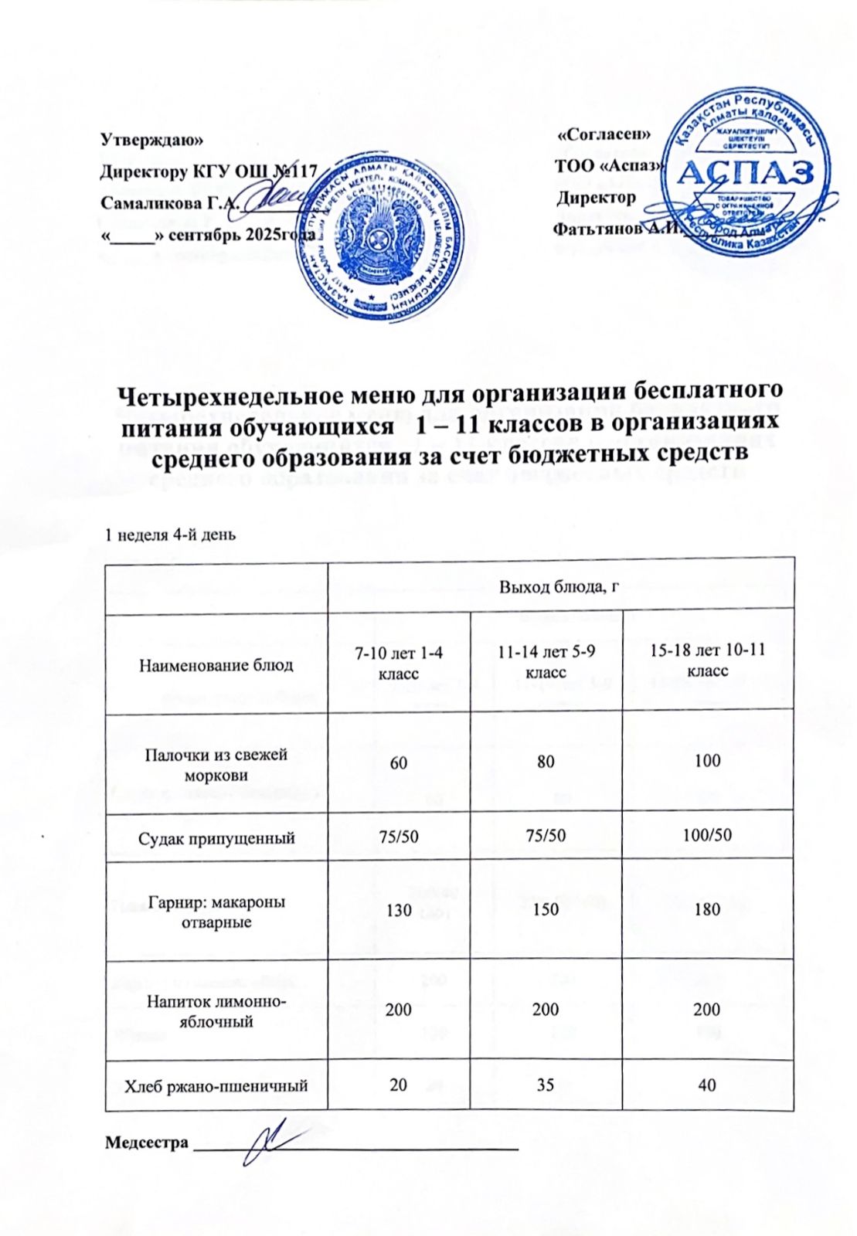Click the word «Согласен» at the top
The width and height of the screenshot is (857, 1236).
pyautogui.click(x=604, y=134)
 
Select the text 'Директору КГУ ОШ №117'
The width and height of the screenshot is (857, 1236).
pyautogui.click(x=209, y=171)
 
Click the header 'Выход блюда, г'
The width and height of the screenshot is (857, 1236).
pyautogui.click(x=561, y=586)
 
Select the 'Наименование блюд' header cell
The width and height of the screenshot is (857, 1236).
pyautogui.click(x=216, y=664)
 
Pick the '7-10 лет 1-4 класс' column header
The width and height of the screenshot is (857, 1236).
pyautogui.click(x=399, y=664)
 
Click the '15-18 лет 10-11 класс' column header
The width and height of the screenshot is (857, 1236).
pyautogui.click(x=707, y=661)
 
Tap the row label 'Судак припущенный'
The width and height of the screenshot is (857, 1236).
pyautogui.click(x=216, y=837)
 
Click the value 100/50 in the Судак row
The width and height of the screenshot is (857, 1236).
pyautogui.click(x=707, y=836)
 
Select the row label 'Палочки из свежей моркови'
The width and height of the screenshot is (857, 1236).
pyautogui.click(x=216, y=764)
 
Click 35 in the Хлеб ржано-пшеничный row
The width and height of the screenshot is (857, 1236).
pyautogui.click(x=546, y=1084)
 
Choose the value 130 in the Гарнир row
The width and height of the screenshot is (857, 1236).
pyautogui.click(x=399, y=909)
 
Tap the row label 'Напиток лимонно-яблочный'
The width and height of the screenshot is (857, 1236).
pyautogui.click(x=216, y=1011)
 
